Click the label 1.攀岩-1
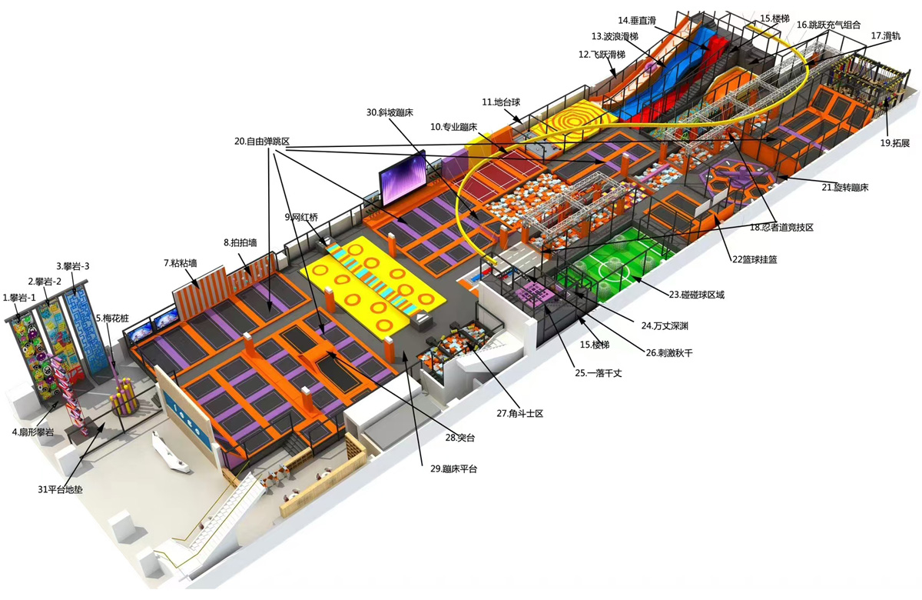[x=19, y=298]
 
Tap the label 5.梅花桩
[x=112, y=318]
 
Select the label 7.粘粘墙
[x=181, y=263]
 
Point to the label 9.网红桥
[x=301, y=217]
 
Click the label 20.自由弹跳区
[x=262, y=142]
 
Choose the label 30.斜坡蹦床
[x=390, y=112]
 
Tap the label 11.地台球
[x=501, y=102]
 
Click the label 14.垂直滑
[x=637, y=20]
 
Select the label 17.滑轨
[x=885, y=36]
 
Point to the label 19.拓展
[x=895, y=143]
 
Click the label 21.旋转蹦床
[x=845, y=188]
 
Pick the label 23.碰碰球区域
[x=696, y=295]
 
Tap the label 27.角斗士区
[x=520, y=413]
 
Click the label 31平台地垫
[x=60, y=489]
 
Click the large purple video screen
[x=402, y=178]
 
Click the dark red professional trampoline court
[x=500, y=175]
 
